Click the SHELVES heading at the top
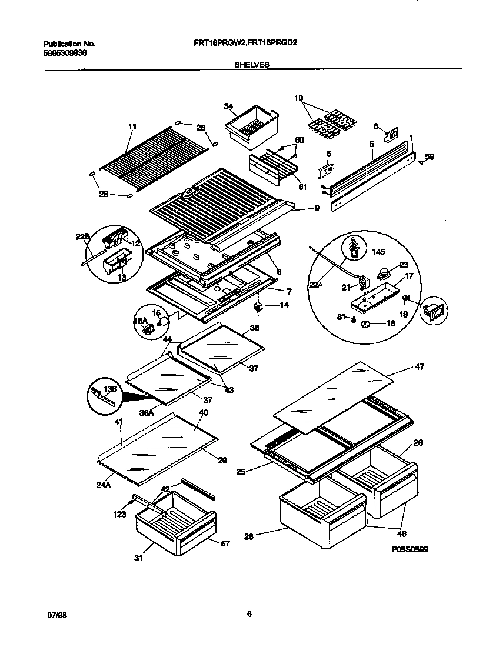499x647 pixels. (x=252, y=66)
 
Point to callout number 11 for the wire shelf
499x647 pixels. (x=132, y=126)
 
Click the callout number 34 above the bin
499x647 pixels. (x=229, y=106)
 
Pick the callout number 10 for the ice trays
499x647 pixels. (x=298, y=98)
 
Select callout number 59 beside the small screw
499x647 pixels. (x=430, y=156)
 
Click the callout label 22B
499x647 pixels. (x=82, y=237)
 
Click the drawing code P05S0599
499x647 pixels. (x=408, y=549)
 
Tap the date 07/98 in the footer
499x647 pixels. (x=55, y=614)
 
